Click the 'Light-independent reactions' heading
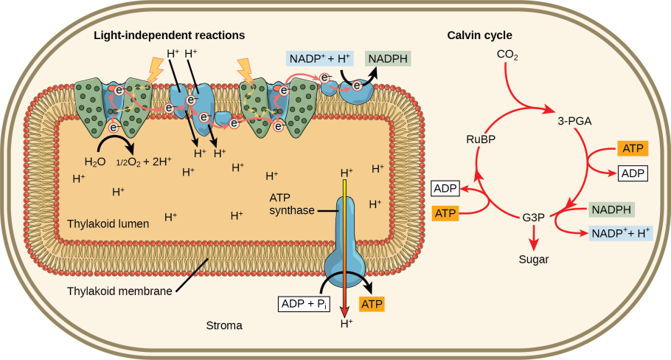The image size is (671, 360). coord(169,35)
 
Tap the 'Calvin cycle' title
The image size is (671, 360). coord(479,35)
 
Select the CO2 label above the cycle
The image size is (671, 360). coord(507,55)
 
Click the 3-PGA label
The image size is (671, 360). coord(575,120)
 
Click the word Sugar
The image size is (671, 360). coord(534,259)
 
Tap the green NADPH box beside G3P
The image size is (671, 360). coord(611,210)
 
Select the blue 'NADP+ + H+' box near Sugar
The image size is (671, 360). coord(621,233)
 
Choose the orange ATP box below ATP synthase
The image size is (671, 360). coord(372,303)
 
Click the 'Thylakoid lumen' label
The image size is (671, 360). coord(108,223)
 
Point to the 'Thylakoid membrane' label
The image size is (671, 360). coord(119,291)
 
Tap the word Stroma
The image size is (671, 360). coord(223,325)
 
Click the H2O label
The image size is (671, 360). coord(95,162)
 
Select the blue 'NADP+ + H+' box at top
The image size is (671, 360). coord(319,59)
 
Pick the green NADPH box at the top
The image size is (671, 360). coord(388,59)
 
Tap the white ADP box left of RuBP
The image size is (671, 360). coord(445,189)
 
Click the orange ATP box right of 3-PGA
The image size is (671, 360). coord(632,149)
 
